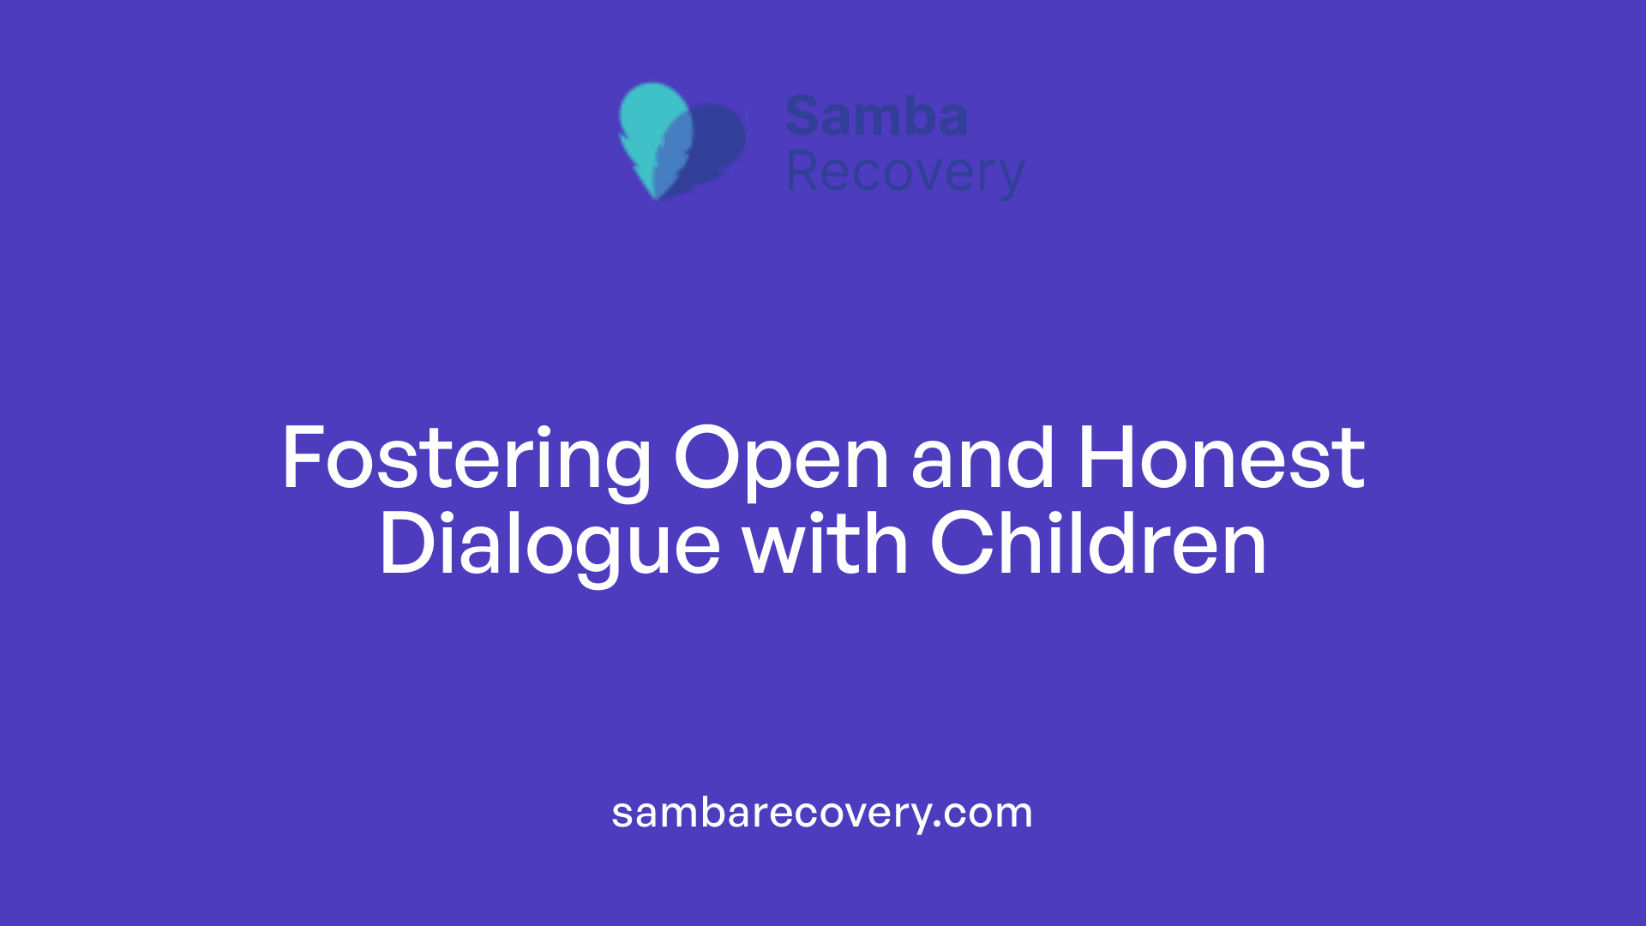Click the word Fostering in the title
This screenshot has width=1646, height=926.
pos(466,460)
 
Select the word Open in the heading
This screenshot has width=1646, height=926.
pos(781,460)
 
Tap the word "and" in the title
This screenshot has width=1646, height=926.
pos(982,460)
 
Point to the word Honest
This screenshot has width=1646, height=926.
pos(1221,460)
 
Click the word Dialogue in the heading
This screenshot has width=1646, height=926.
pos(550,545)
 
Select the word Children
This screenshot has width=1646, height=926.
pos(1098,544)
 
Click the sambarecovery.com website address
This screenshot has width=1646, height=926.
pos(822,813)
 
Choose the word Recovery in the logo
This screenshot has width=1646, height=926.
pos(905,173)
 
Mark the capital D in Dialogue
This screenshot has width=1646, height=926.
pos(407,544)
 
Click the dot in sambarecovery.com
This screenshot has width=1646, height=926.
pos(938,824)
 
